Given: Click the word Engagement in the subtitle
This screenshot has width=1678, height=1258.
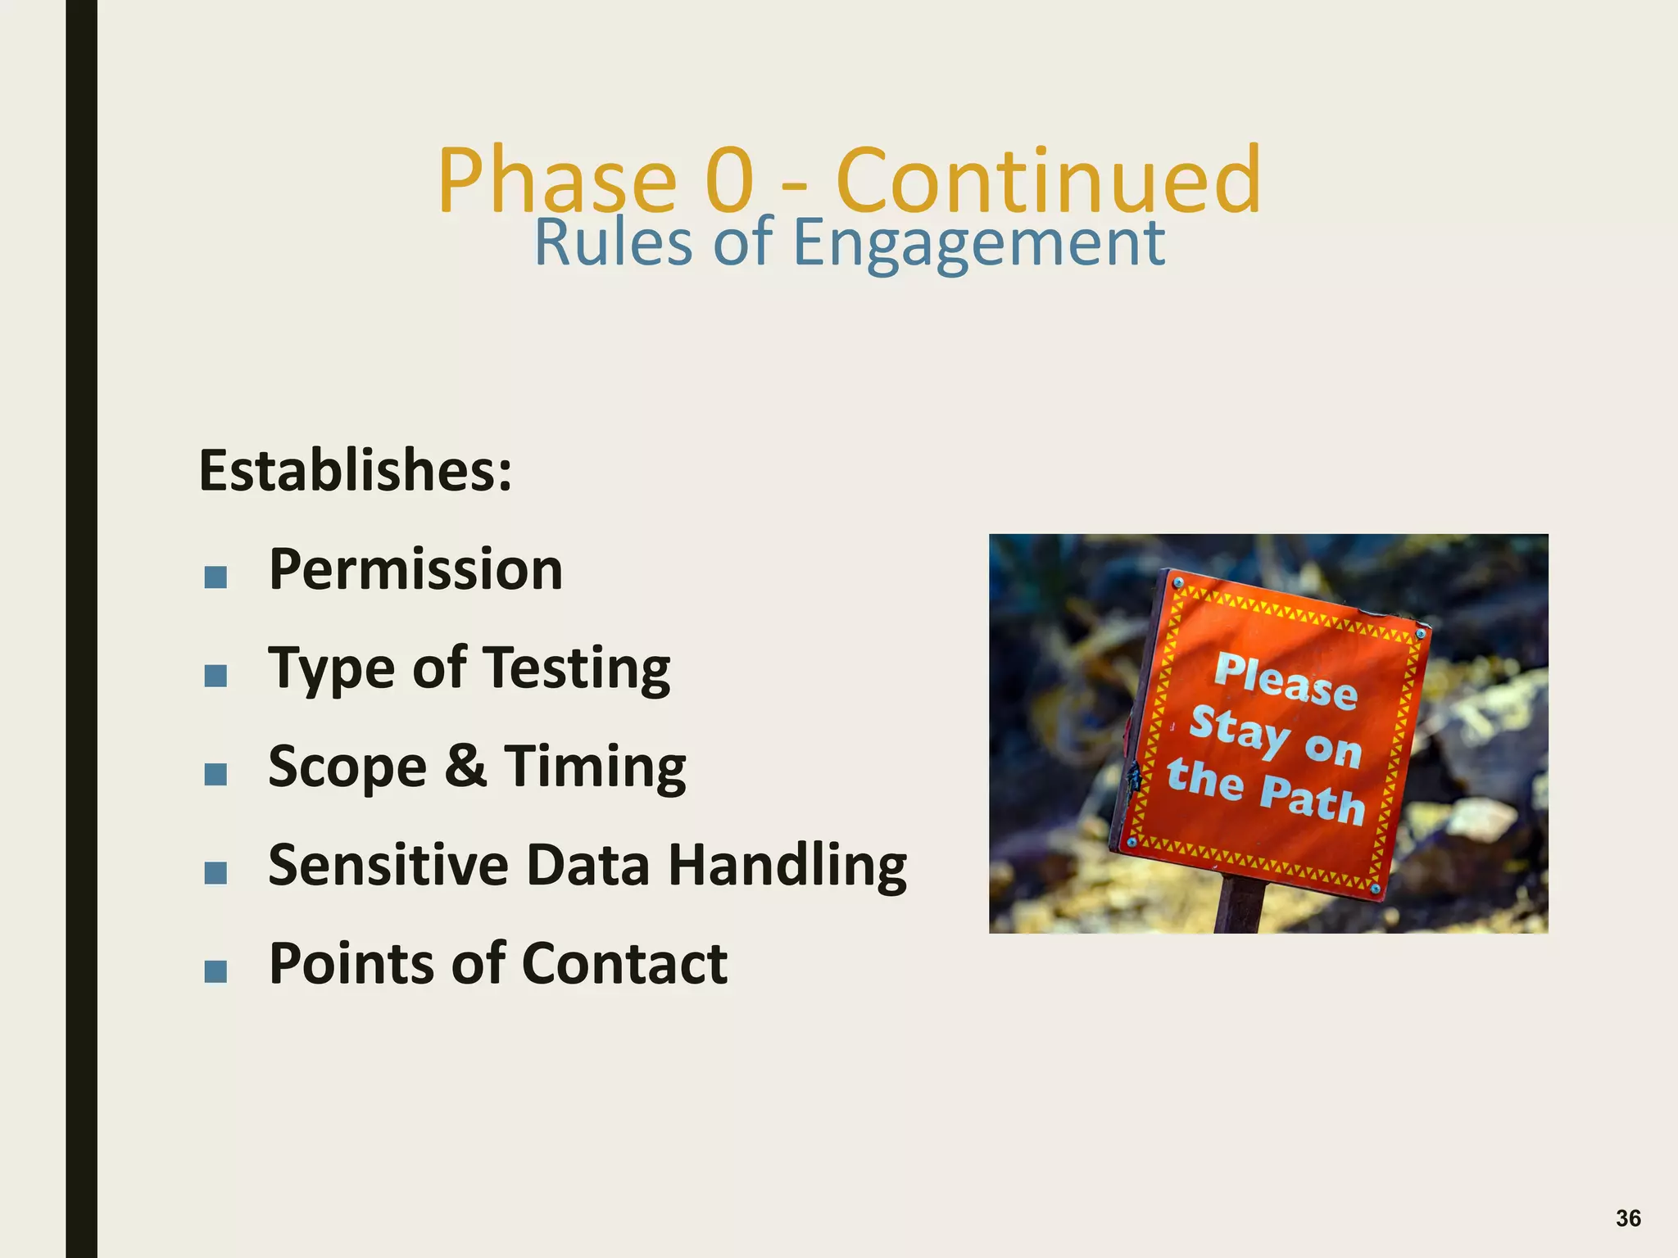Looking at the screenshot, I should coord(979,243).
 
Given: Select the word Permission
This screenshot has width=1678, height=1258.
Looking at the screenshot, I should coord(415,569).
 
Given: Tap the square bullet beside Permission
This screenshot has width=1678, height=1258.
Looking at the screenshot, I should coord(215,578).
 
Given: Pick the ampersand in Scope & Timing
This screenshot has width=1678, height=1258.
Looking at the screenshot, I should coord(465,767).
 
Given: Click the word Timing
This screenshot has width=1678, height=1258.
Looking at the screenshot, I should coord(595,767).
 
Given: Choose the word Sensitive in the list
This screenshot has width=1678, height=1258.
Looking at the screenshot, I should coord(388,865).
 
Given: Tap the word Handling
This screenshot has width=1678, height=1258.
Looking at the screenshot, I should coord(787,866).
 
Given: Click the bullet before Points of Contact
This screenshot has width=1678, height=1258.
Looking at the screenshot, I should coord(215,972).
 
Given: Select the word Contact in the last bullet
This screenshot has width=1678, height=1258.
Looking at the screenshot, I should coord(624,963).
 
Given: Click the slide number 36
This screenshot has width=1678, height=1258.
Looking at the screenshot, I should coord(1627,1218).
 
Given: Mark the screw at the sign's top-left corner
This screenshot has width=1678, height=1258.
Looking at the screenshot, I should coord(1178,583).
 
